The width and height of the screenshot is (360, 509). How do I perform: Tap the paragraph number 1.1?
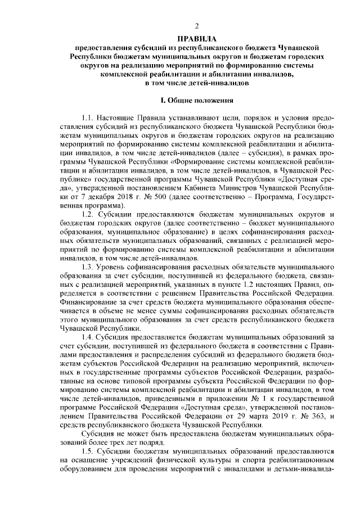tap(88, 119)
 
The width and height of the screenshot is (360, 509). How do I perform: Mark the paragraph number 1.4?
tap(88, 335)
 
